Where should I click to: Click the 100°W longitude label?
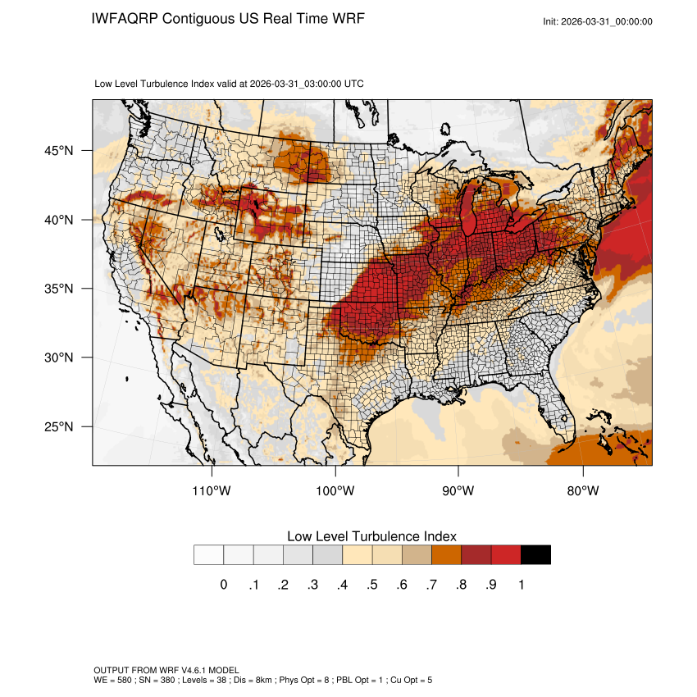335,491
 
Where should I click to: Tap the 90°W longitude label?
458,491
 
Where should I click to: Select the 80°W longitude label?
582,491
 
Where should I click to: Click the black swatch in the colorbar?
535,555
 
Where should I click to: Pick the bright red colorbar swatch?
506,555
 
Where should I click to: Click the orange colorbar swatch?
447,555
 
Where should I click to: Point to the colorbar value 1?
522,585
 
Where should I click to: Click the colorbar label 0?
223,585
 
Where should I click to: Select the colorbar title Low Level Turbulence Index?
371,536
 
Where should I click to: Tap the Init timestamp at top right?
597,21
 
